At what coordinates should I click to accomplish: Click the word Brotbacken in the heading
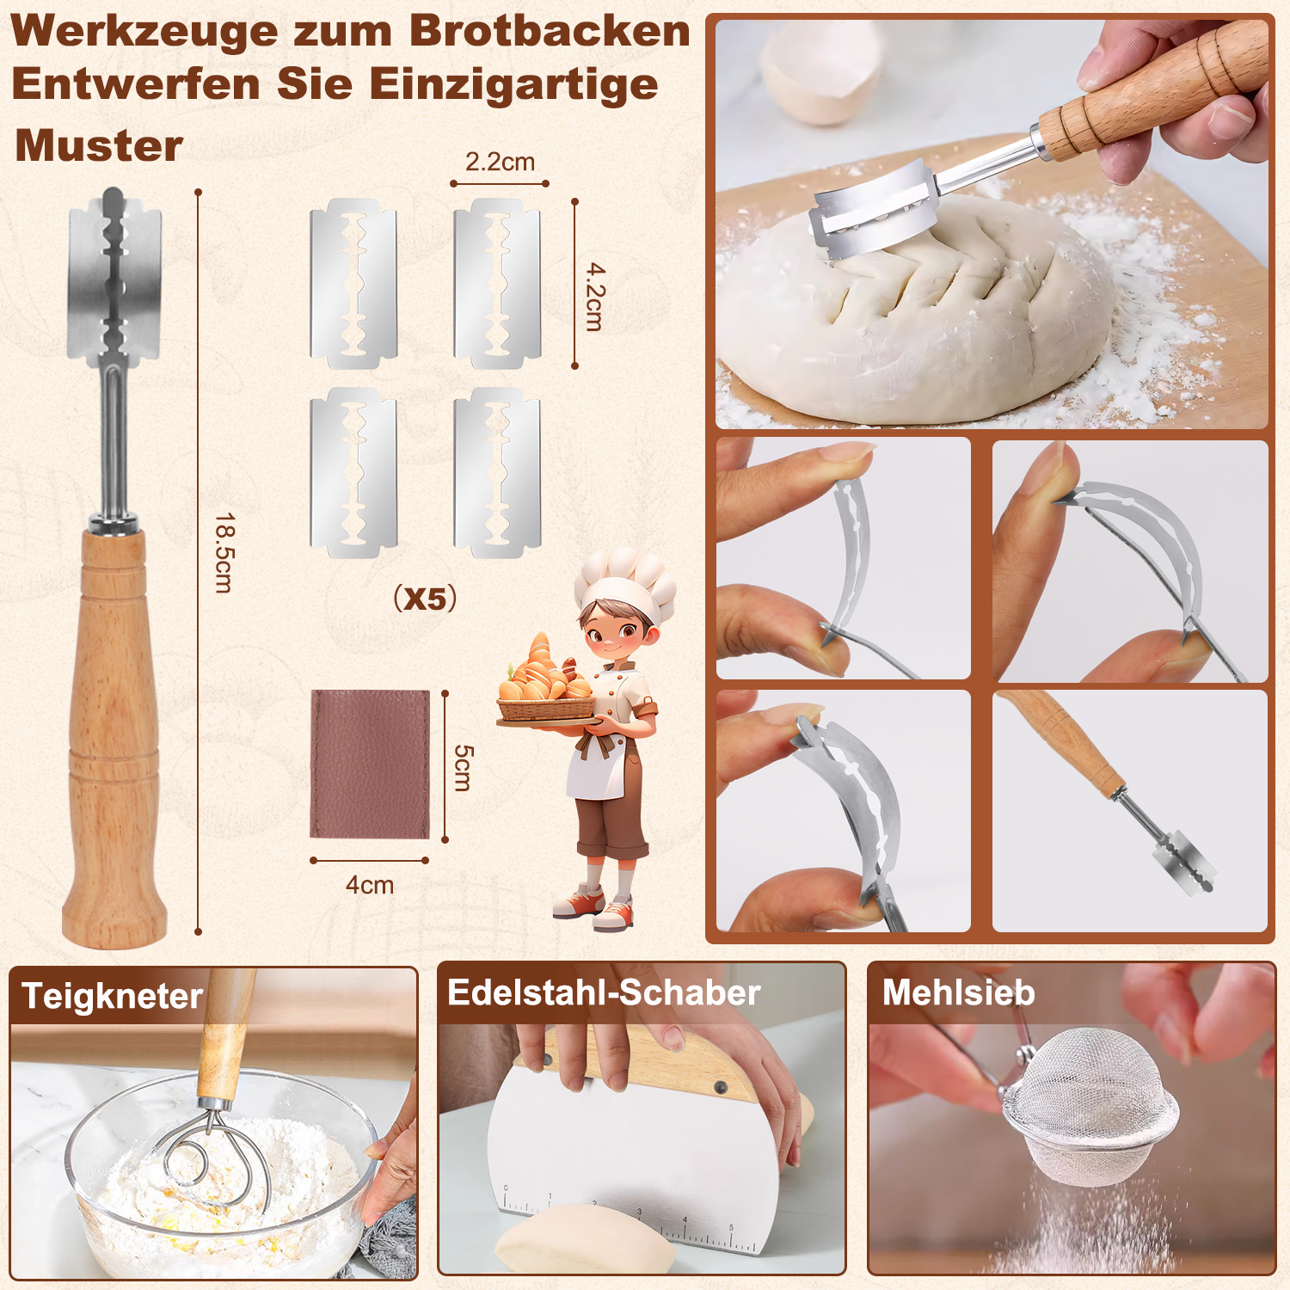tap(550, 31)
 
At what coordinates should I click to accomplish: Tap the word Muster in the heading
tap(99, 145)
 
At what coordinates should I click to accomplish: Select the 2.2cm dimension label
tap(500, 162)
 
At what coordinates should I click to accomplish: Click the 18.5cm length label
tap(224, 553)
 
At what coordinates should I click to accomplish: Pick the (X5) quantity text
tap(425, 598)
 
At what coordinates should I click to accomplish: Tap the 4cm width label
tap(370, 885)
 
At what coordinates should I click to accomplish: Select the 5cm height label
tap(463, 767)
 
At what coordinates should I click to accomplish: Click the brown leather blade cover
tap(370, 764)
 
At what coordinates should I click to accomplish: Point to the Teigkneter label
tap(112, 996)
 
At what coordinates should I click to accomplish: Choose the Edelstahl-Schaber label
tap(604, 993)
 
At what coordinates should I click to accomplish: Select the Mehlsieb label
tap(958, 993)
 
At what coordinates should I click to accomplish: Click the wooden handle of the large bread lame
tap(114, 735)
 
